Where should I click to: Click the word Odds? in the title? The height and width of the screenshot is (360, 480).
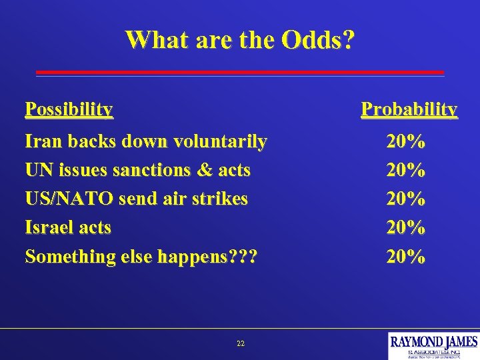[318, 39]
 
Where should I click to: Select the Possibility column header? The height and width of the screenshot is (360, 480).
[68, 109]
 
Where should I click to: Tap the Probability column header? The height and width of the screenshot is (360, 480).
[409, 109]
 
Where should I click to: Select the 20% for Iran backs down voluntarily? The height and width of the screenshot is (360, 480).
[406, 141]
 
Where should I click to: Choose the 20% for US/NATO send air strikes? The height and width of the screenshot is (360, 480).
[406, 199]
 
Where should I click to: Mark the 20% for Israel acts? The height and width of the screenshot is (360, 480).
[406, 227]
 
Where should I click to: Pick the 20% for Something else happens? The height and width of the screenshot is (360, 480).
[406, 256]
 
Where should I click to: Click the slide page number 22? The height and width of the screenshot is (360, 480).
[240, 343]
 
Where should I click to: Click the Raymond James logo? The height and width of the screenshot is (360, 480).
[433, 345]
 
